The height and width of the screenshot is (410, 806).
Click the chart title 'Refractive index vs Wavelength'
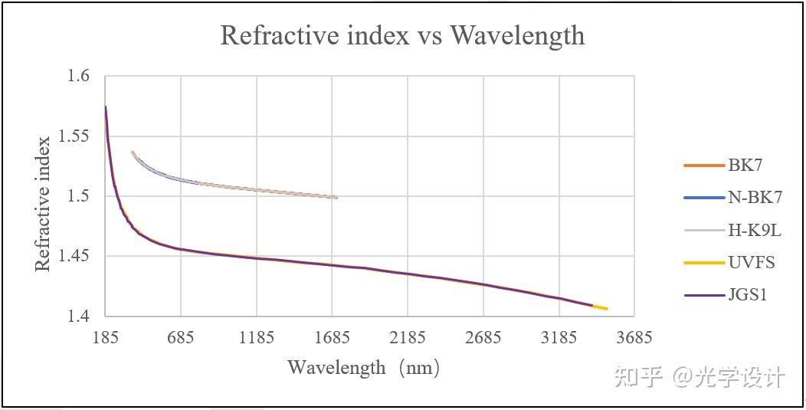point(402,35)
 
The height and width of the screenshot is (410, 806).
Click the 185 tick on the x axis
point(105,337)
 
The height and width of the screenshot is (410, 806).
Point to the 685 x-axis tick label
point(181,337)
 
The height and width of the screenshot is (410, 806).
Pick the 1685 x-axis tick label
point(332,337)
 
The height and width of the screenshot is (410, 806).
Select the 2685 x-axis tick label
point(483,337)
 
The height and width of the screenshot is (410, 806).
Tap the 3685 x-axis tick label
point(634,337)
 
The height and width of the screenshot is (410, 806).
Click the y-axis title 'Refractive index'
point(43,203)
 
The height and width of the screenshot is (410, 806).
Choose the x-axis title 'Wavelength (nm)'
point(364,368)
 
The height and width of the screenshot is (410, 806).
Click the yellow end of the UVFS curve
point(602,307)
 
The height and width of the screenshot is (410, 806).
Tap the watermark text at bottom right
point(700,377)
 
